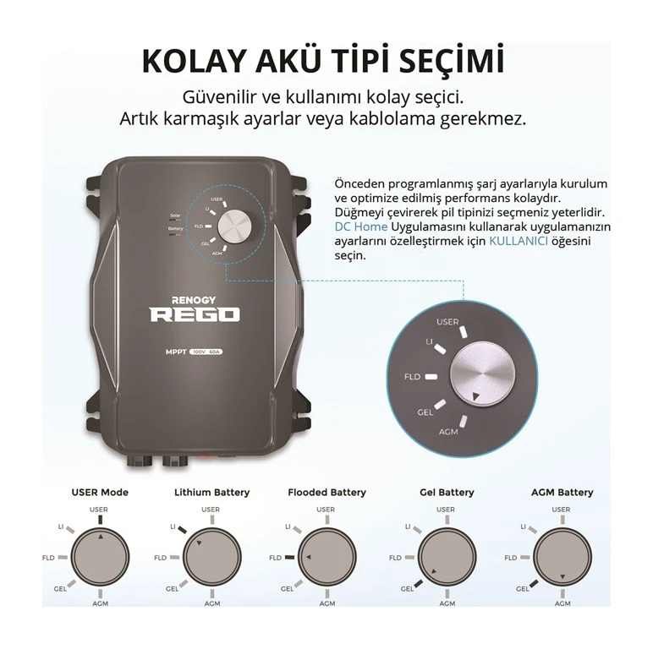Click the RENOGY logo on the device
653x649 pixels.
(x=194, y=300)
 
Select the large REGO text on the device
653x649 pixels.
(x=195, y=315)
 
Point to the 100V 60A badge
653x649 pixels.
(x=206, y=352)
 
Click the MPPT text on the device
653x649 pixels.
(x=176, y=352)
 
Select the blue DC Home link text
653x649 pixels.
(x=360, y=226)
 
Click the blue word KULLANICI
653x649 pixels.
(x=518, y=241)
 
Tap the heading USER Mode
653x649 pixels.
(x=100, y=492)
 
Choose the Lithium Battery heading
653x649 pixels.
(x=212, y=493)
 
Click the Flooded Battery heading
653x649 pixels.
(x=326, y=493)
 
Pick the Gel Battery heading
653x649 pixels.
(x=447, y=493)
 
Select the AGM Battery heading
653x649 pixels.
(x=562, y=493)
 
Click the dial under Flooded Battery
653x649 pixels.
(x=327, y=557)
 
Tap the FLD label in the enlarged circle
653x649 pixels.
(x=412, y=377)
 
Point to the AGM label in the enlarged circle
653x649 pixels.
(x=448, y=432)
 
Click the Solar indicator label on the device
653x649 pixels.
(x=175, y=215)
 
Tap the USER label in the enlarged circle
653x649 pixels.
(x=447, y=322)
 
